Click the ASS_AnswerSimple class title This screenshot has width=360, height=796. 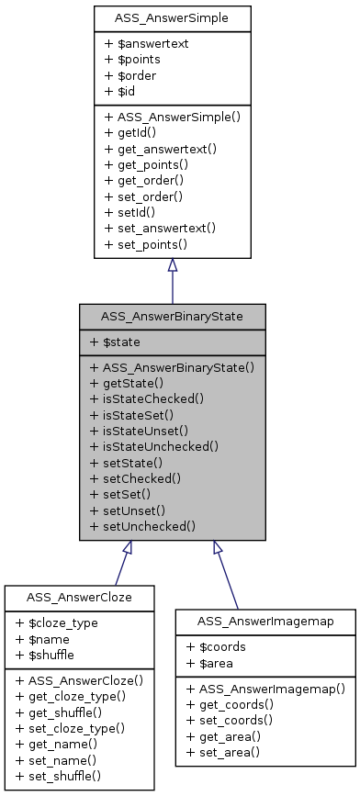[x=172, y=17]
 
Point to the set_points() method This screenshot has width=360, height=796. [x=146, y=244]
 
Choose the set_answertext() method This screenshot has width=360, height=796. [x=160, y=228]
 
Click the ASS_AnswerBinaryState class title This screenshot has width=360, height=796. [x=172, y=317]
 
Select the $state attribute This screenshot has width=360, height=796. [x=116, y=342]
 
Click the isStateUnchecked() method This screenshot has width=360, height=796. [x=154, y=446]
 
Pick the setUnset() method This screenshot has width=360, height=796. [x=128, y=510]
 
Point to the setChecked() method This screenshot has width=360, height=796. [x=135, y=477]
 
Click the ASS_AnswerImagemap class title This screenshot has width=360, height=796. [x=265, y=622]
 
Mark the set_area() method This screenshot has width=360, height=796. [x=224, y=752]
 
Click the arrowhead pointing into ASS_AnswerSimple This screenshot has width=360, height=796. [x=172, y=265]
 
